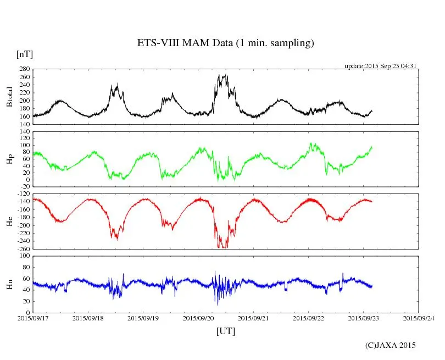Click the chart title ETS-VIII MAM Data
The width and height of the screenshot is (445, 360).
coord(225,43)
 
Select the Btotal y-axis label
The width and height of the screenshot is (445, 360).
coord(9,97)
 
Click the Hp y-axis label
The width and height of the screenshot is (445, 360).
coord(9,160)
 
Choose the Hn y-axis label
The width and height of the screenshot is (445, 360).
coord(9,284)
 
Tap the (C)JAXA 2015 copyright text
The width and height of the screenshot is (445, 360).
coord(391,345)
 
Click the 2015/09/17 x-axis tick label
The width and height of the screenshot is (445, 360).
coord(32,317)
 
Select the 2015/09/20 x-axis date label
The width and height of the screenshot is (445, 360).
coord(198,317)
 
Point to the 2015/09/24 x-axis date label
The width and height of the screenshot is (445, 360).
coord(419,317)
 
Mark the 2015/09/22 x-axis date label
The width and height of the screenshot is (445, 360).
coord(309,317)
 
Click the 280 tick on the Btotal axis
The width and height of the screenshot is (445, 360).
coord(25,69)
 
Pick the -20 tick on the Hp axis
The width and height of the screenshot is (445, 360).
coord(25,187)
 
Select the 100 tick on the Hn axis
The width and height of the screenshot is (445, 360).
coord(25,256)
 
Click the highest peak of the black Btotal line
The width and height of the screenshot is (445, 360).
coord(226,75)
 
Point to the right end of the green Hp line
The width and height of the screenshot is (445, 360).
coord(372,147)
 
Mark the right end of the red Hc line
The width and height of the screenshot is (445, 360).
coord(372,201)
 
